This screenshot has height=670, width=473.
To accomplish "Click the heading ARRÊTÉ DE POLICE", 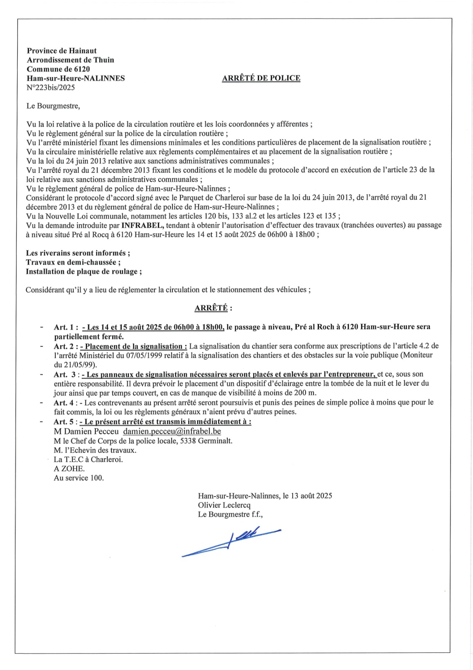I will coord(261,78).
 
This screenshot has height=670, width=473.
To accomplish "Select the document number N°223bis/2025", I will coord(51,88).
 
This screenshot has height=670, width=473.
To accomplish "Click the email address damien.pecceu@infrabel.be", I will coord(172,431).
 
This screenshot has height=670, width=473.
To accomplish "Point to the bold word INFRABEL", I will coord(142,225).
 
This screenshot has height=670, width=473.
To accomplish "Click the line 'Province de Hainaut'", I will coord(62,51).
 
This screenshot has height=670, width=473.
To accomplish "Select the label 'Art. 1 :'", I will coord(66,327).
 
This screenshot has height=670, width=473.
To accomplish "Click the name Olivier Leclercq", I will coord(224,505).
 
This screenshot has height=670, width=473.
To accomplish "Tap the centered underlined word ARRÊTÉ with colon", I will coord(213,308).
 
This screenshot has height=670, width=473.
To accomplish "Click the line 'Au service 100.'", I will coord(79,478).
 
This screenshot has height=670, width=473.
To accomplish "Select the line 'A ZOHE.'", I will coord(69,469).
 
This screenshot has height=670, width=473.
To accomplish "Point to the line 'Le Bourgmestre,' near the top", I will coord(53,106).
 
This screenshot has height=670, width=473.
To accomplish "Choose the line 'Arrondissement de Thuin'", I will coord(70,60).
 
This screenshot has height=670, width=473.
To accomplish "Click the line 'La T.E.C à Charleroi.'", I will coord(88,459).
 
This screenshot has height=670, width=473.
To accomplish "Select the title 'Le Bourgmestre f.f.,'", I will coord(230,514).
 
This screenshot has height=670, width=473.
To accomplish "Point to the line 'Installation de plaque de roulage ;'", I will coord(84,271).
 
